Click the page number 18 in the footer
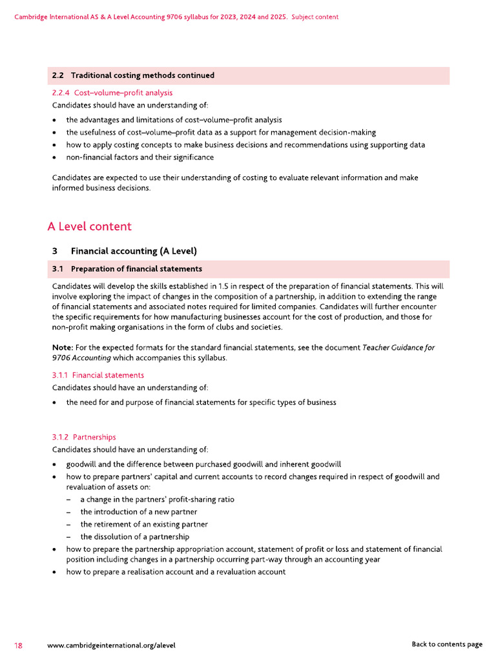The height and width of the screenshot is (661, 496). tap(19, 645)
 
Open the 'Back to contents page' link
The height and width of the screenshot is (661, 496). tap(446, 644)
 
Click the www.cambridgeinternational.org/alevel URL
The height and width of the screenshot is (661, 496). tap(111, 645)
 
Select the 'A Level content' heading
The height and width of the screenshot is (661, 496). tap(89, 227)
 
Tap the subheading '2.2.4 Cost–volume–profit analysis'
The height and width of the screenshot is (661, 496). tap(112, 93)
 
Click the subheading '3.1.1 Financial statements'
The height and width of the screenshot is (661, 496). tap(98, 375)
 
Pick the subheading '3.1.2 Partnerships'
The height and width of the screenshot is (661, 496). tap(84, 437)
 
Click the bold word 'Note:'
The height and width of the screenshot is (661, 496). tap(63, 347)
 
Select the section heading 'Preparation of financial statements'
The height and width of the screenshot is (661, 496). tap(136, 269)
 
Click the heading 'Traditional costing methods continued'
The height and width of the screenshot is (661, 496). tap(142, 76)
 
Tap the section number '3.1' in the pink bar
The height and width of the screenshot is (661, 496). tap(57, 269)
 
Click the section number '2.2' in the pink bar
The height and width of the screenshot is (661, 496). tap(57, 76)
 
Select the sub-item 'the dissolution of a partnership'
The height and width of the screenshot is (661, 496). tap(134, 536)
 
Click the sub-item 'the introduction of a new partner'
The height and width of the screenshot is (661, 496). tap(138, 512)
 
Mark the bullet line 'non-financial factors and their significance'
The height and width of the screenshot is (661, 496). tap(139, 157)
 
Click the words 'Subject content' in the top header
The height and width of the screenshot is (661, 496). tap(315, 17)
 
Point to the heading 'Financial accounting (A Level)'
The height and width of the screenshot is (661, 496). tap(134, 251)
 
